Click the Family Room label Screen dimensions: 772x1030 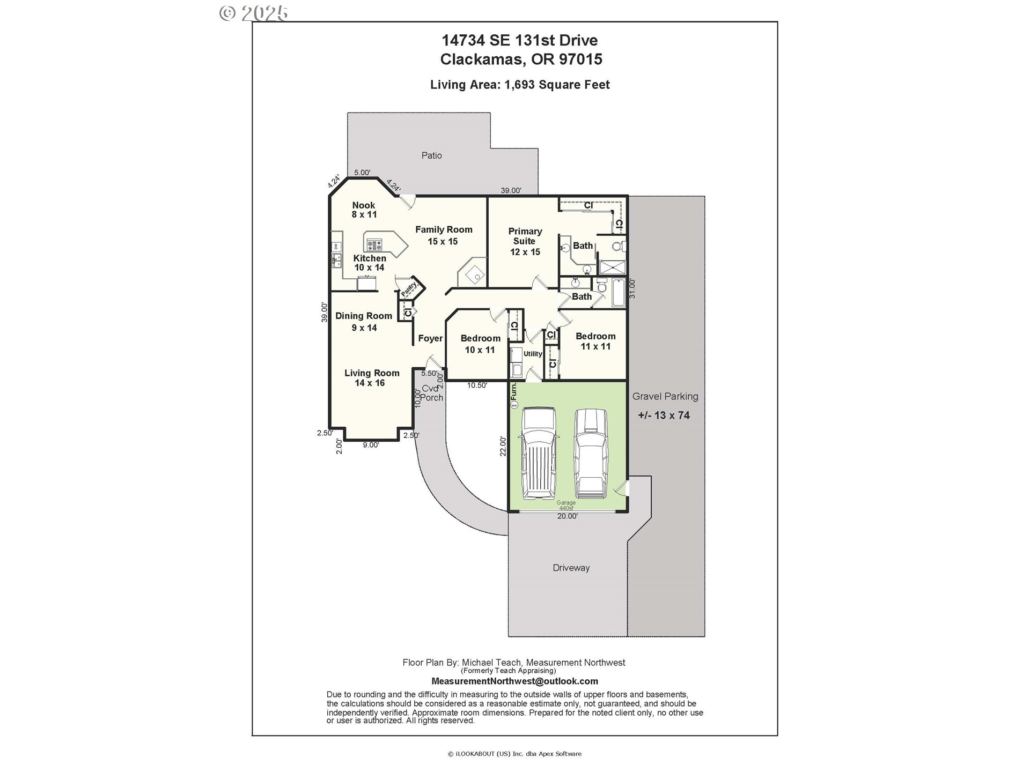pos(444,235)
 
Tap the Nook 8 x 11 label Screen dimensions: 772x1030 pos(364,210)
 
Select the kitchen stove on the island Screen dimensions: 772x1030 pos(374,246)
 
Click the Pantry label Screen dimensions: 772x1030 pos(409,288)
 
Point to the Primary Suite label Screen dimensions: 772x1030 pos(525,241)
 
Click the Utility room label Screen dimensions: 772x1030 pos(533,354)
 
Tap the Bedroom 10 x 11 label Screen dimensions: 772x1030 pos(480,344)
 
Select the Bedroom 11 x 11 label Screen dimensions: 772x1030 pos(595,341)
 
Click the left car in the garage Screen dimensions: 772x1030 pos(539,453)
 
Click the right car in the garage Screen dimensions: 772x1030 pos(591,453)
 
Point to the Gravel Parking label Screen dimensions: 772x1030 pos(665,397)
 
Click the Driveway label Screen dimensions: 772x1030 pos(571,568)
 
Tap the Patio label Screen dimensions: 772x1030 pos(431,155)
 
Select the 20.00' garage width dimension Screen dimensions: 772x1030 pos(567,516)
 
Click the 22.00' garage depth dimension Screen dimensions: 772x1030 pos(503,446)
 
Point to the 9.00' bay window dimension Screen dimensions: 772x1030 pos(370,445)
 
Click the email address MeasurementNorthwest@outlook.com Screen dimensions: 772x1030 pos(514,681)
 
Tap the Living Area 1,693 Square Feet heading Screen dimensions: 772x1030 pos(519,85)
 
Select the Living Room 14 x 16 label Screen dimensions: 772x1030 pos(371,377)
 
